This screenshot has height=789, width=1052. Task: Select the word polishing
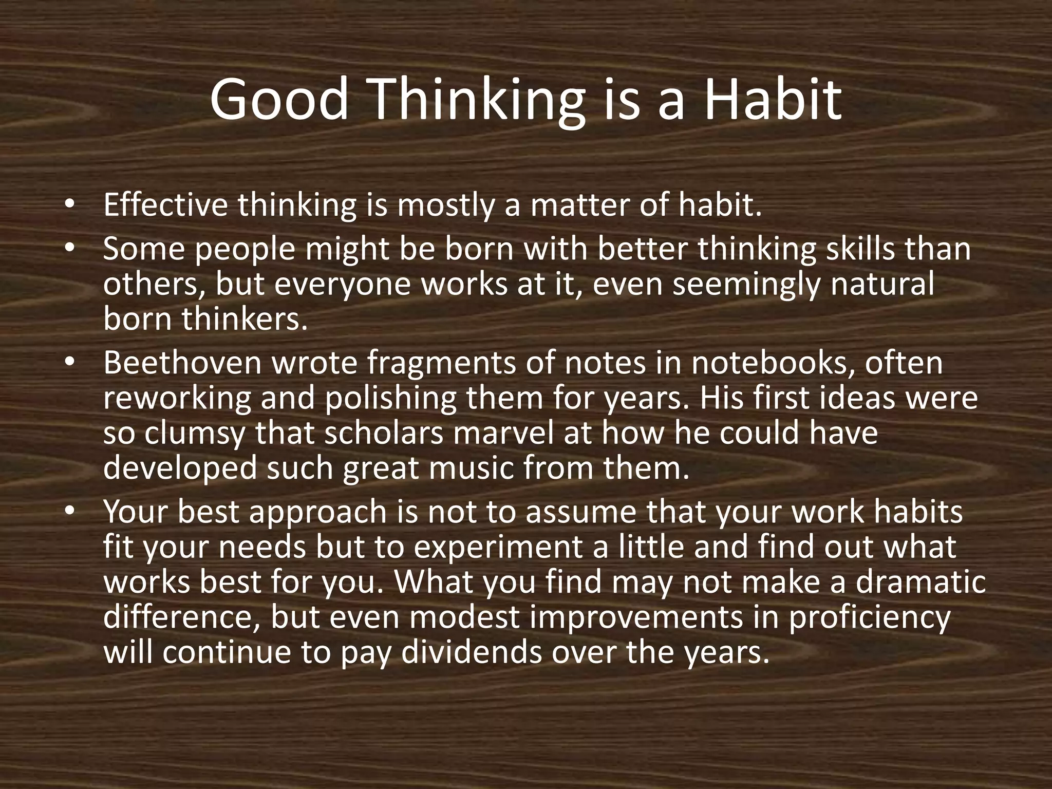390,399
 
